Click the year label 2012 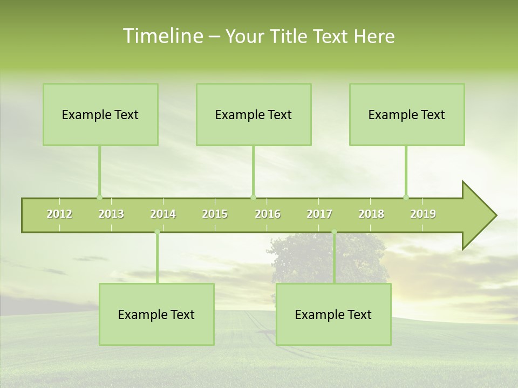coord(59,214)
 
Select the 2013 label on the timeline coord(111,214)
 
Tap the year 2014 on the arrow coord(163,214)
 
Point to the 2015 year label coord(215,214)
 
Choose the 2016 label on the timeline coord(268,214)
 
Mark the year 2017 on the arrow coord(319,214)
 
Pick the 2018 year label coord(371,214)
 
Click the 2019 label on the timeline coord(423,214)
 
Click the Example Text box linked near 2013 coord(100,114)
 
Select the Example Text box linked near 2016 coord(254,114)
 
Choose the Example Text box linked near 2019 coord(407,114)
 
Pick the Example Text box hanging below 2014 coord(156,314)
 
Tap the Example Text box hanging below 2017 coord(333,314)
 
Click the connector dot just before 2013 coord(99,197)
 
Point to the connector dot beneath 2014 coord(157,232)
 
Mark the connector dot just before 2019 coord(406,197)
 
